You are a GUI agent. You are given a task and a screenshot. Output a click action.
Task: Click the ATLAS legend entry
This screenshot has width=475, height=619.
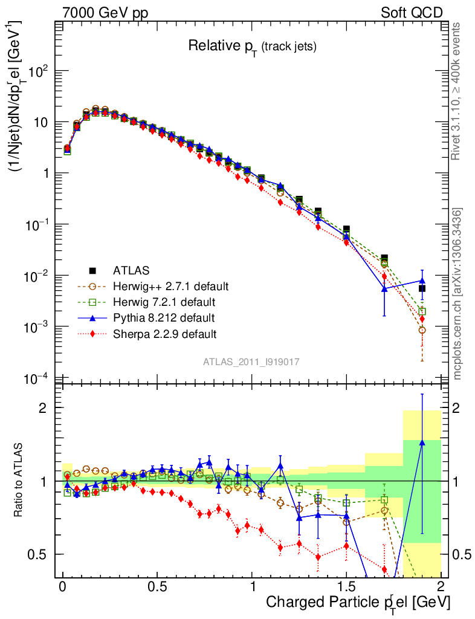pyautogui.click(x=131, y=270)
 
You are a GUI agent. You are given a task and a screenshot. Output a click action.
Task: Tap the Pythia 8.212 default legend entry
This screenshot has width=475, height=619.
pyautogui.click(x=163, y=317)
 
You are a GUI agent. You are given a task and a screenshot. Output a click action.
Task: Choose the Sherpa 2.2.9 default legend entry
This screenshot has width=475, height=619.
pyautogui.click(x=165, y=333)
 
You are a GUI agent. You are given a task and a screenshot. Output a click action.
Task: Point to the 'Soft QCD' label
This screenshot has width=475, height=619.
pyautogui.click(x=412, y=13)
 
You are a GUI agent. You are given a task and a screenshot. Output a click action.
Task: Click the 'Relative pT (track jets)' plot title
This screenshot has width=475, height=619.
pyautogui.click(x=252, y=46)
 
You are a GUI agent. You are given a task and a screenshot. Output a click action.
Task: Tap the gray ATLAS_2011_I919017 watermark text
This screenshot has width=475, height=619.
pyautogui.click(x=251, y=361)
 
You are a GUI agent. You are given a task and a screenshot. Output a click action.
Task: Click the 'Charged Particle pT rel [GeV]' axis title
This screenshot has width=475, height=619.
pyautogui.click(x=358, y=602)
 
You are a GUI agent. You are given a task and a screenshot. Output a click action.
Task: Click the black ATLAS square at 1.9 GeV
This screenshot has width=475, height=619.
pyautogui.click(x=422, y=288)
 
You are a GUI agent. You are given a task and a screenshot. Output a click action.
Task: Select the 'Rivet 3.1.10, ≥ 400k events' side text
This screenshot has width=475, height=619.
pyautogui.click(x=457, y=91)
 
